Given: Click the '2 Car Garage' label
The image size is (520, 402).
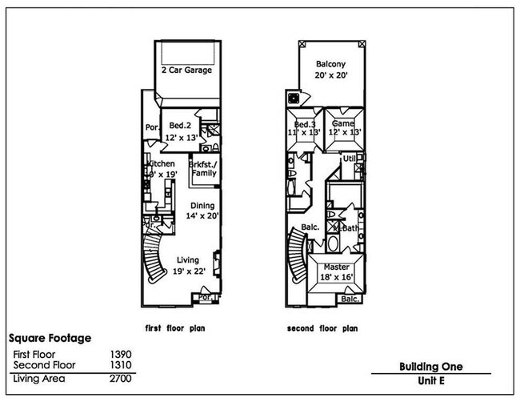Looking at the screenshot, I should (186, 70).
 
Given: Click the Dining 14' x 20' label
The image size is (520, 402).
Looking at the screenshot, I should (202, 211).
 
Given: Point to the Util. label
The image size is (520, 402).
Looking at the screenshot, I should (349, 159).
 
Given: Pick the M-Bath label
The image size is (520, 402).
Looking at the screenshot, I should (346, 228).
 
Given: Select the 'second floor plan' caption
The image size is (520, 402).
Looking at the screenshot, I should (322, 328).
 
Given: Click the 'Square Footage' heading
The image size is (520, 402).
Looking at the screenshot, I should (49, 339).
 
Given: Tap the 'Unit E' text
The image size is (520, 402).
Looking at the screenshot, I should (431, 382).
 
